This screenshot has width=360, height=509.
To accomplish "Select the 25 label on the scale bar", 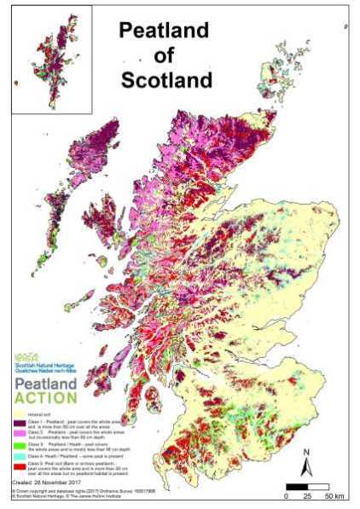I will (307, 495).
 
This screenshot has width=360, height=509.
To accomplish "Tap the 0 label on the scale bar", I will (286, 495).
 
